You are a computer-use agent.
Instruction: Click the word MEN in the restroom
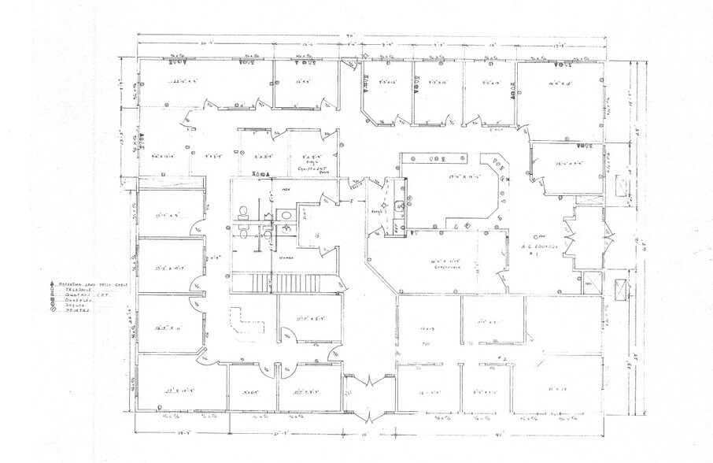coord(276,189)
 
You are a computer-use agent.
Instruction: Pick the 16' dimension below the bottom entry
coord(364,434)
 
